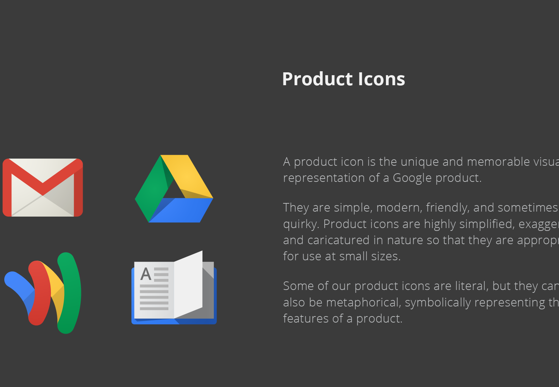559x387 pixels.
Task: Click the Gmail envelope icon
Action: tap(43, 188)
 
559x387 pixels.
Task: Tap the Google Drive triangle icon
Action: tap(174, 189)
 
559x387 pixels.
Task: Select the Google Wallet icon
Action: tap(43, 293)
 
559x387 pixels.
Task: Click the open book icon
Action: tap(174, 288)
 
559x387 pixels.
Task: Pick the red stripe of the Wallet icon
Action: tap(40, 293)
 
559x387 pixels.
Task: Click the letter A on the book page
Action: tap(146, 275)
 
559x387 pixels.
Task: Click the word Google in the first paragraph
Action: tap(412, 178)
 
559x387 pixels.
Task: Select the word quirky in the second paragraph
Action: tap(300, 224)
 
